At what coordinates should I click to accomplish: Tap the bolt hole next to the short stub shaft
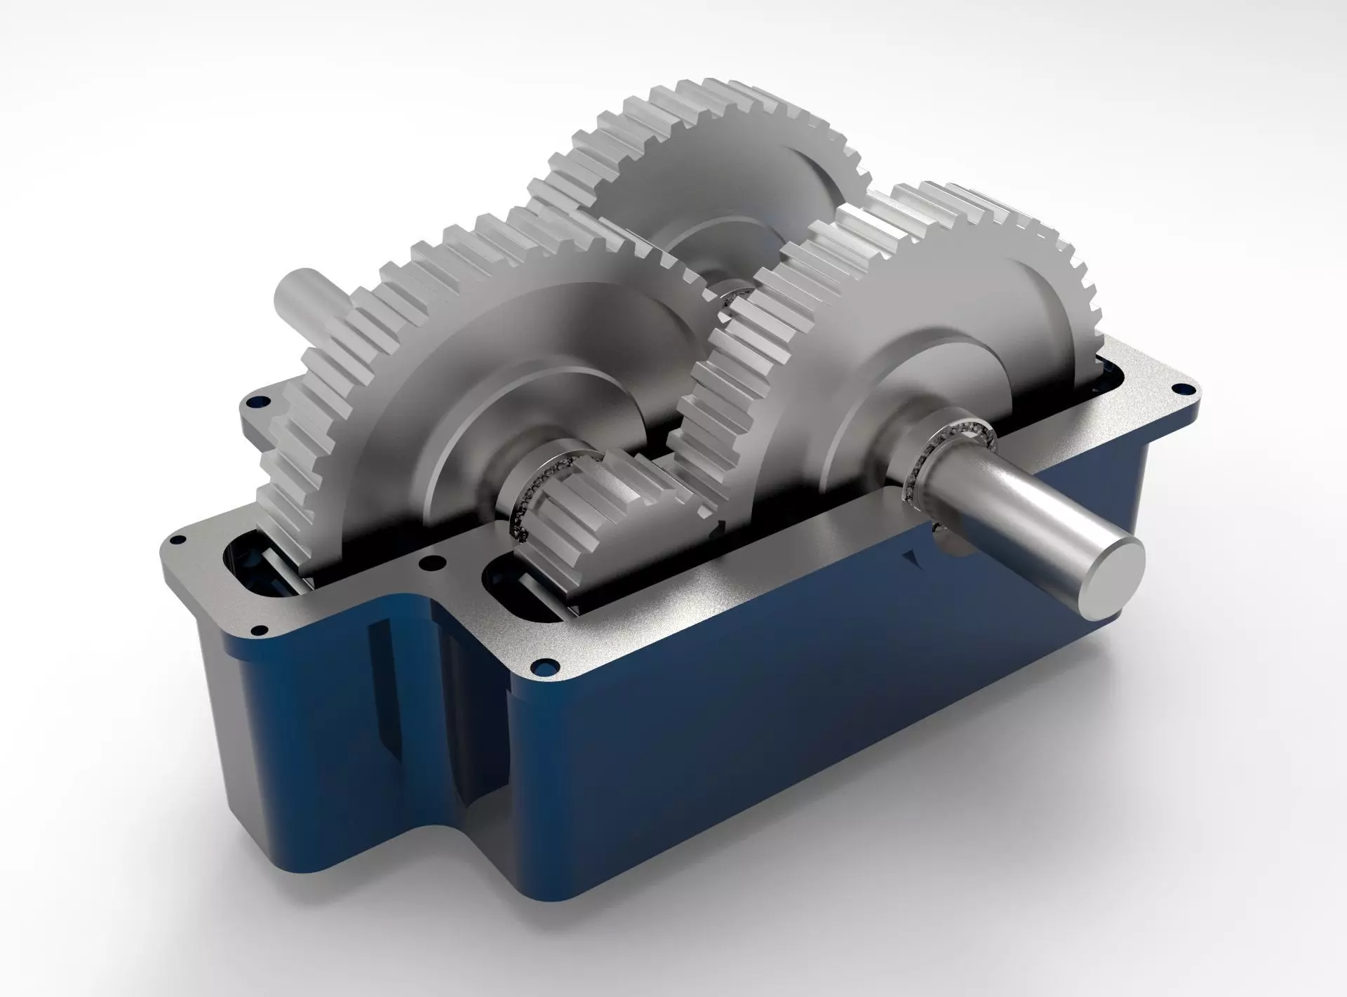click(263, 401)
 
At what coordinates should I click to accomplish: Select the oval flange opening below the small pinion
click(533, 582)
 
